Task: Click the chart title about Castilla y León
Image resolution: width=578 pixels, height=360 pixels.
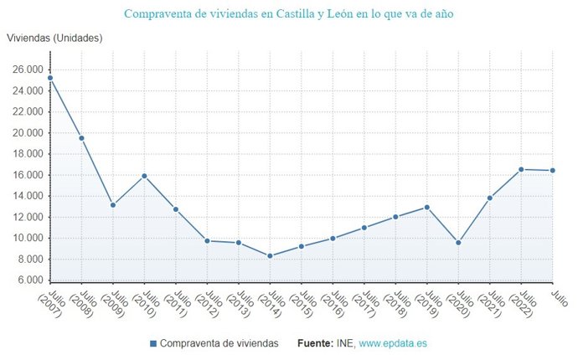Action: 289,14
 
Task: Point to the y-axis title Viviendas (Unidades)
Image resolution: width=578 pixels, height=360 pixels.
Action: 54,39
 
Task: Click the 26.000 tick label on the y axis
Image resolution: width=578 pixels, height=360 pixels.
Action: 27,69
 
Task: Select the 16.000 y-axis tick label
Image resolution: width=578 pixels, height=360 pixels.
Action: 27,175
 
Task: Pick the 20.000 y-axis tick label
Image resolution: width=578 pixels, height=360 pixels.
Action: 27,133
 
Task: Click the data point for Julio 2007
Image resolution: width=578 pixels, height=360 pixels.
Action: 50,78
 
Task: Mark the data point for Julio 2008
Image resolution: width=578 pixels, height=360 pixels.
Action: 81,138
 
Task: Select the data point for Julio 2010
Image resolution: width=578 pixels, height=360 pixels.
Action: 144,176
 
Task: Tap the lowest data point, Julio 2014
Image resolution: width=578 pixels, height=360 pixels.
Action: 270,256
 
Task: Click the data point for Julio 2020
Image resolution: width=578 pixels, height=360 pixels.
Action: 458,243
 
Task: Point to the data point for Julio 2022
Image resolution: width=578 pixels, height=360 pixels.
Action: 521,169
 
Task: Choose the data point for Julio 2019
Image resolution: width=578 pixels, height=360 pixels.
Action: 427,207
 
